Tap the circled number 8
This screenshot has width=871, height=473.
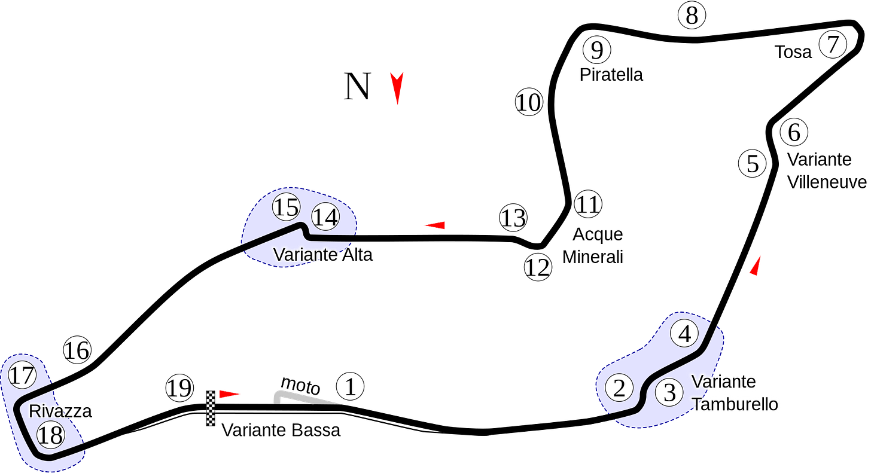692,16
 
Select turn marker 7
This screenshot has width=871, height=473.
833,45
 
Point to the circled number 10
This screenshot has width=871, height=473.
529,103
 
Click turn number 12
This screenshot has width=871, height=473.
537,267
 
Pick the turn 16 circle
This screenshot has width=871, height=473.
77,350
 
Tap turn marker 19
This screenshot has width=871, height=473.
179,389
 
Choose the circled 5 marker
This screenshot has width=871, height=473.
753,164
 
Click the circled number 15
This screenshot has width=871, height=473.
286,207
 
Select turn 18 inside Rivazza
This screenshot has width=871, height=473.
50,435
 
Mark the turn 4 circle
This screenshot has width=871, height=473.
684,334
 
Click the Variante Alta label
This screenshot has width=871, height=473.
323,255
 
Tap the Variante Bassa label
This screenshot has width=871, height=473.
281,430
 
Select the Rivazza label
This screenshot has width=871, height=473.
60,411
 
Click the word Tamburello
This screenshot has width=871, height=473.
735,405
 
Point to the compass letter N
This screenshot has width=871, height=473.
358,87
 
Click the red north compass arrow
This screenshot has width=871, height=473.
397,87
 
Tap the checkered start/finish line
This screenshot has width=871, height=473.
211,409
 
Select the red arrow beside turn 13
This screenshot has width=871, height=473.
435,225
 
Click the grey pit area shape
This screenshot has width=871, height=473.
305,397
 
